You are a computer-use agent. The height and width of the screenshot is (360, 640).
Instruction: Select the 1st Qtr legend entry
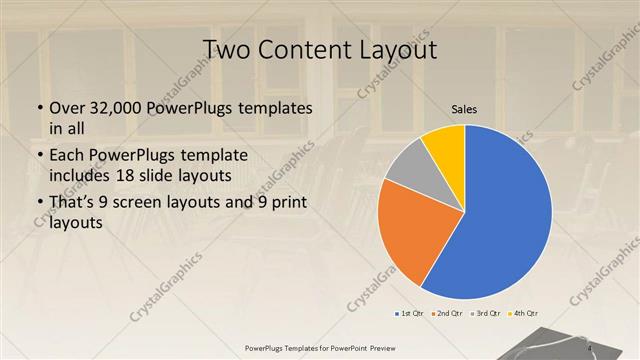410,313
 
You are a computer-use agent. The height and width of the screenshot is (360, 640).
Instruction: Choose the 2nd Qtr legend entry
448,313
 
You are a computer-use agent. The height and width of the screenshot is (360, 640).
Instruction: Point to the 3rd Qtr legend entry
486,313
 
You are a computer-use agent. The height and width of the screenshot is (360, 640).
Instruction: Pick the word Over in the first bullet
64,108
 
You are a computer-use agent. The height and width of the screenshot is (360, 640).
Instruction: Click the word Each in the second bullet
65,156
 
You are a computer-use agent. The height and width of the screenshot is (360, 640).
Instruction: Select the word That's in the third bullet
73,204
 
